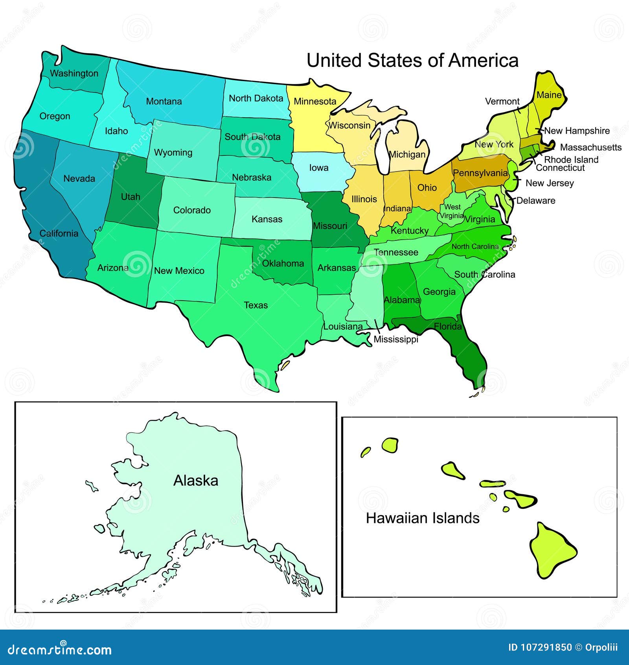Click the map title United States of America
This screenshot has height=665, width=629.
(412, 61)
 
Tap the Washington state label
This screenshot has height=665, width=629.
(74, 74)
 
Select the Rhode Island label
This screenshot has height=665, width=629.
(571, 160)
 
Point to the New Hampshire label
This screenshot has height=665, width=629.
(577, 131)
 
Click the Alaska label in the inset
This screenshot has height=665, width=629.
(196, 480)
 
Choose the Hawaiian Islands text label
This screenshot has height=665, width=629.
(423, 518)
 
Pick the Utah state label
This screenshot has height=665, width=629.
(131, 197)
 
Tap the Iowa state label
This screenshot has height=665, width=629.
(318, 168)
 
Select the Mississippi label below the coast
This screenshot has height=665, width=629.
(395, 339)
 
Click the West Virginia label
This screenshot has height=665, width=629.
(452, 211)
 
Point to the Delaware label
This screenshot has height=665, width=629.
(535, 201)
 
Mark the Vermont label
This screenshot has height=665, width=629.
(502, 102)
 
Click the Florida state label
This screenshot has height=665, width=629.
(448, 326)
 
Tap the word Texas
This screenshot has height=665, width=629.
(256, 305)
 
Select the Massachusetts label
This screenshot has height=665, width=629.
(590, 148)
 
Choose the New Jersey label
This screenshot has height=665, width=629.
(549, 183)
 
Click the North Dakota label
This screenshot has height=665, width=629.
(256, 98)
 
